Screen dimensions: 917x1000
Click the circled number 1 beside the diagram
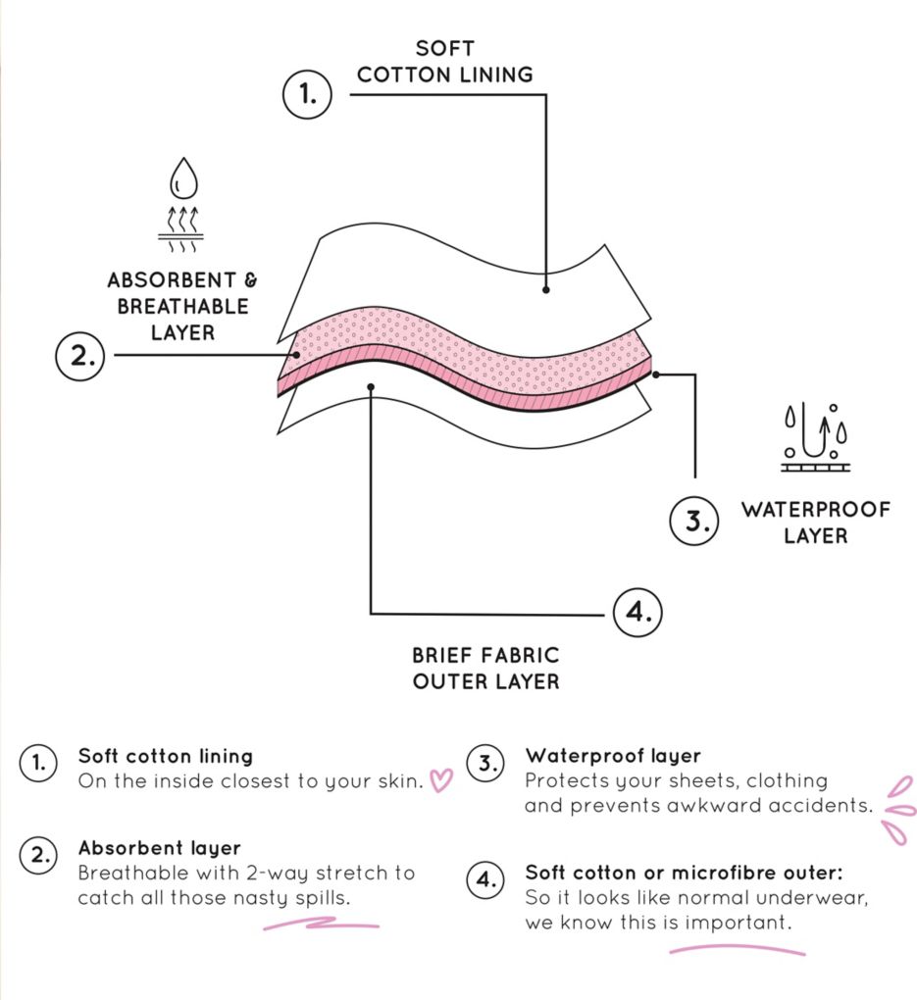tap(307, 94)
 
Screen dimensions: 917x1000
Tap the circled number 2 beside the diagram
tap(79, 356)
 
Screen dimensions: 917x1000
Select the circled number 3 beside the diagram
tap(693, 521)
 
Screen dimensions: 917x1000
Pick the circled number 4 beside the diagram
tap(637, 612)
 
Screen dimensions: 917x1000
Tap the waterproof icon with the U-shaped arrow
tap(815, 437)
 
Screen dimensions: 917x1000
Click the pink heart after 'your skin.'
tap(441, 780)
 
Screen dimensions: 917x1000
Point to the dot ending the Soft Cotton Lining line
tap(545, 289)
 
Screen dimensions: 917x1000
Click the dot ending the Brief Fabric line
tap(371, 386)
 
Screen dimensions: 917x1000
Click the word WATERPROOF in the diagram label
tap(816, 510)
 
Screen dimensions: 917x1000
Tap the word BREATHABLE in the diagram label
tap(182, 306)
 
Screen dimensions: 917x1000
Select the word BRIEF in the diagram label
tap(441, 655)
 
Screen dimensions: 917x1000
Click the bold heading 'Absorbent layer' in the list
tap(159, 848)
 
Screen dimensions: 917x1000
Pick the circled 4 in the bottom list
tap(485, 880)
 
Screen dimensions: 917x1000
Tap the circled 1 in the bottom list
tap(38, 762)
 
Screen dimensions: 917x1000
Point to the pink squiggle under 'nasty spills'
tap(321, 924)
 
